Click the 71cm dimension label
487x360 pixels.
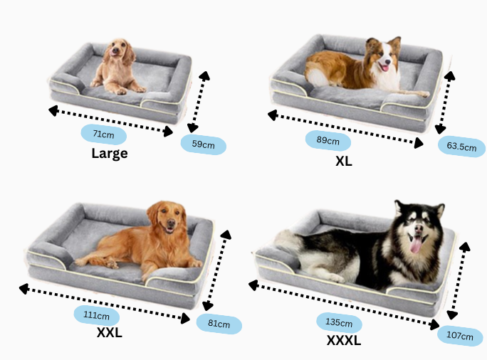click(x=104, y=134)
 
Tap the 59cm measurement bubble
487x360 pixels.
click(x=204, y=144)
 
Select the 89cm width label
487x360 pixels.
click(x=328, y=141)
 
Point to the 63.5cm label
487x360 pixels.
click(x=461, y=147)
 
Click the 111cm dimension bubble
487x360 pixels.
click(x=97, y=316)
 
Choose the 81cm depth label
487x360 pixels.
click(x=219, y=324)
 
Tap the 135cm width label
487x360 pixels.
click(x=339, y=322)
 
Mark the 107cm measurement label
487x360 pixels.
click(x=460, y=336)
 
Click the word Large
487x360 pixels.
click(x=110, y=154)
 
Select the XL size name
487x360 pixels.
click(x=344, y=161)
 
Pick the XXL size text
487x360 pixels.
click(x=110, y=333)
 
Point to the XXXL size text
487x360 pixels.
click(x=344, y=341)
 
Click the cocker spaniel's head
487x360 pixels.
click(x=119, y=51)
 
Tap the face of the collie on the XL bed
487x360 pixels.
click(x=384, y=57)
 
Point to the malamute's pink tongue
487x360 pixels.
click(x=416, y=245)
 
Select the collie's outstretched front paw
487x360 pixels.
click(x=423, y=93)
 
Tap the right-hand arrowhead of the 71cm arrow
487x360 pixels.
click(x=168, y=132)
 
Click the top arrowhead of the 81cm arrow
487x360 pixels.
click(x=226, y=234)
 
